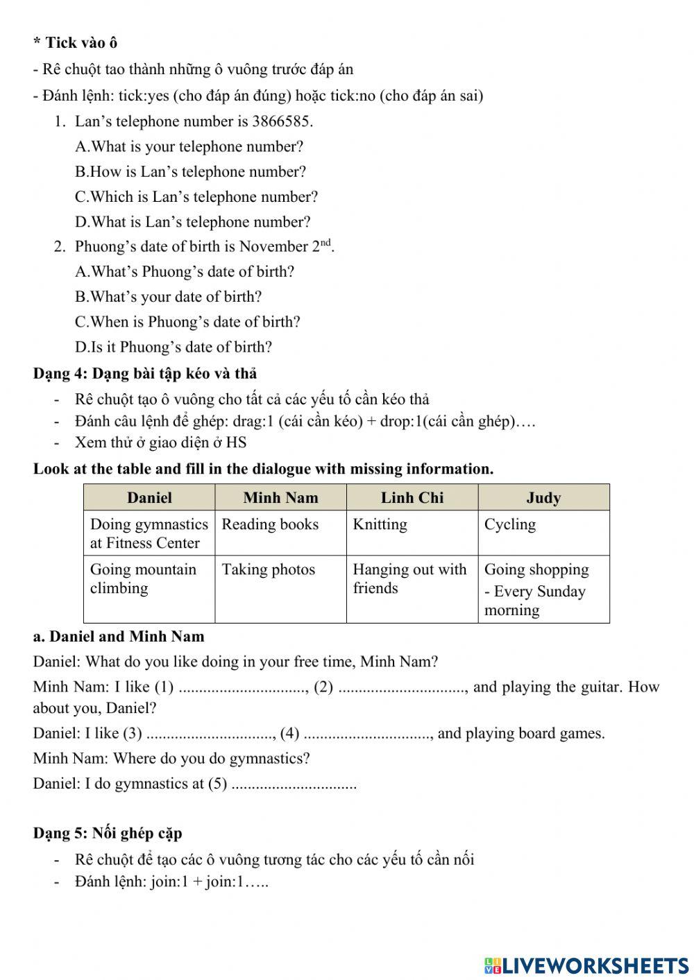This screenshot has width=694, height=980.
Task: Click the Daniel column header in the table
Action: pos(149,497)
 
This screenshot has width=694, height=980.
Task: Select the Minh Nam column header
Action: pos(280,497)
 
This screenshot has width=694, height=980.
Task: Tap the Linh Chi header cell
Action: pos(412,497)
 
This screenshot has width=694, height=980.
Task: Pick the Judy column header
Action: pos(543,497)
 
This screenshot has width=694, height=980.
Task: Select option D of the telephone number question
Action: pos(193,222)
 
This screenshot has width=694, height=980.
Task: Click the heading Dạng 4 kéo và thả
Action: pos(145,373)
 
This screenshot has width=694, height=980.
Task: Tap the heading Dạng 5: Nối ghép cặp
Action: pos(108,833)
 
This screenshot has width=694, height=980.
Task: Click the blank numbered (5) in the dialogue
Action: pos(294,784)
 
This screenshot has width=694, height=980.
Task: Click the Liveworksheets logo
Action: pos(586,965)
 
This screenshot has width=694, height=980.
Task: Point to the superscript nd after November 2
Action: pos(326,242)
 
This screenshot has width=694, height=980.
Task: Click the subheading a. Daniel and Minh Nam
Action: pos(119,636)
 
